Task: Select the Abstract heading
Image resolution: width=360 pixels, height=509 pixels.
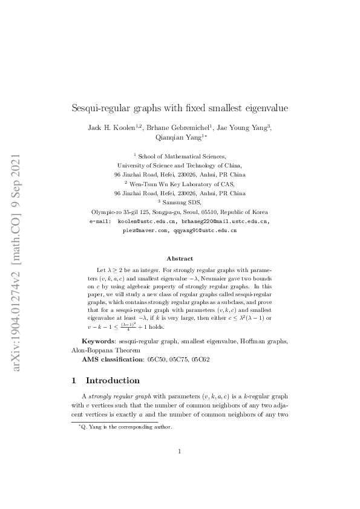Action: [x=180, y=258]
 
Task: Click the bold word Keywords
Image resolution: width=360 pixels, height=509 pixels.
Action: [x=99, y=342]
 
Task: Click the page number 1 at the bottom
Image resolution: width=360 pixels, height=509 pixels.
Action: [x=180, y=468]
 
